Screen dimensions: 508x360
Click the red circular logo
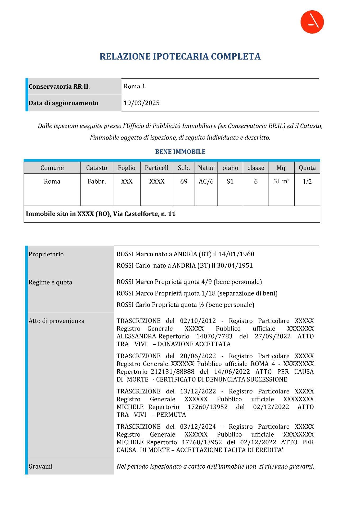point(312,22)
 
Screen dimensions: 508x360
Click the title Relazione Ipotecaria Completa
point(180,56)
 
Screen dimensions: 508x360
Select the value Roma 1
point(134,87)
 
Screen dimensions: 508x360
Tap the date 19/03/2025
point(142,103)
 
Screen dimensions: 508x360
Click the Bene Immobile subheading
point(180,152)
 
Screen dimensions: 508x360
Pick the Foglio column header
point(127,168)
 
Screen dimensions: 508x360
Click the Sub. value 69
point(184,182)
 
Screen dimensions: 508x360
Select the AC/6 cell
point(206,182)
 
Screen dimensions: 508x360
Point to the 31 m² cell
point(281,182)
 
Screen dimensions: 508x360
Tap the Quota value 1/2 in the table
point(307,182)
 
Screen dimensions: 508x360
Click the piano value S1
point(230,182)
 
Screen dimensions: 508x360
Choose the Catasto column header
point(97,168)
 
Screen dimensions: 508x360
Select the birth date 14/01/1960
point(236,254)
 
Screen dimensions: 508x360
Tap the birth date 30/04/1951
point(235,266)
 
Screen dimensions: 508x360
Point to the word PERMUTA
point(171,415)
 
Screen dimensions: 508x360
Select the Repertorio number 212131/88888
point(173,372)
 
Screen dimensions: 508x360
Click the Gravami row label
point(40,466)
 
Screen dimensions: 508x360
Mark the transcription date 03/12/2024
point(198,427)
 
